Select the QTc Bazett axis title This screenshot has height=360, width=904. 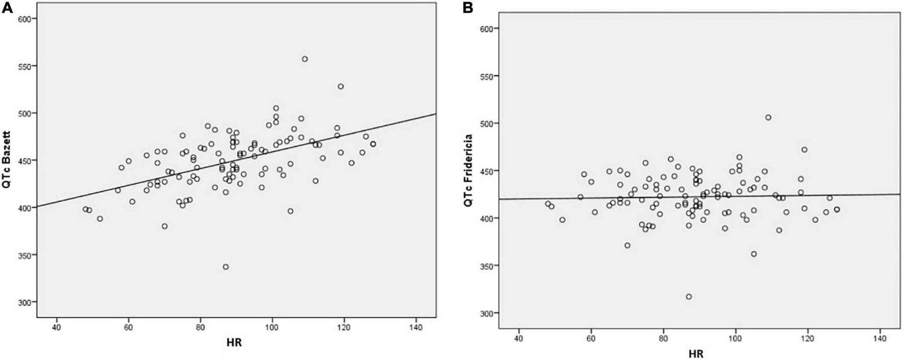tap(7, 160)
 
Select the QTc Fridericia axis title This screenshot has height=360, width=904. tap(467, 170)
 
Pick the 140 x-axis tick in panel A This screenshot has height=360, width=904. tap(416, 327)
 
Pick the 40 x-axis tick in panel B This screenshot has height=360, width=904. tap(518, 337)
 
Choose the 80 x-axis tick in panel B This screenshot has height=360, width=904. tap(663, 337)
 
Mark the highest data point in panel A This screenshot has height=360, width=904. tap(305, 59)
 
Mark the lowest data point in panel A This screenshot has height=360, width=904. tap(225, 267)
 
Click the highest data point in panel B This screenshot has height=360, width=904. tap(768, 117)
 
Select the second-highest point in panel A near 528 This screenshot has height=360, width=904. tap(341, 86)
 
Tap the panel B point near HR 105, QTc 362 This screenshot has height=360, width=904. tap(754, 254)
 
